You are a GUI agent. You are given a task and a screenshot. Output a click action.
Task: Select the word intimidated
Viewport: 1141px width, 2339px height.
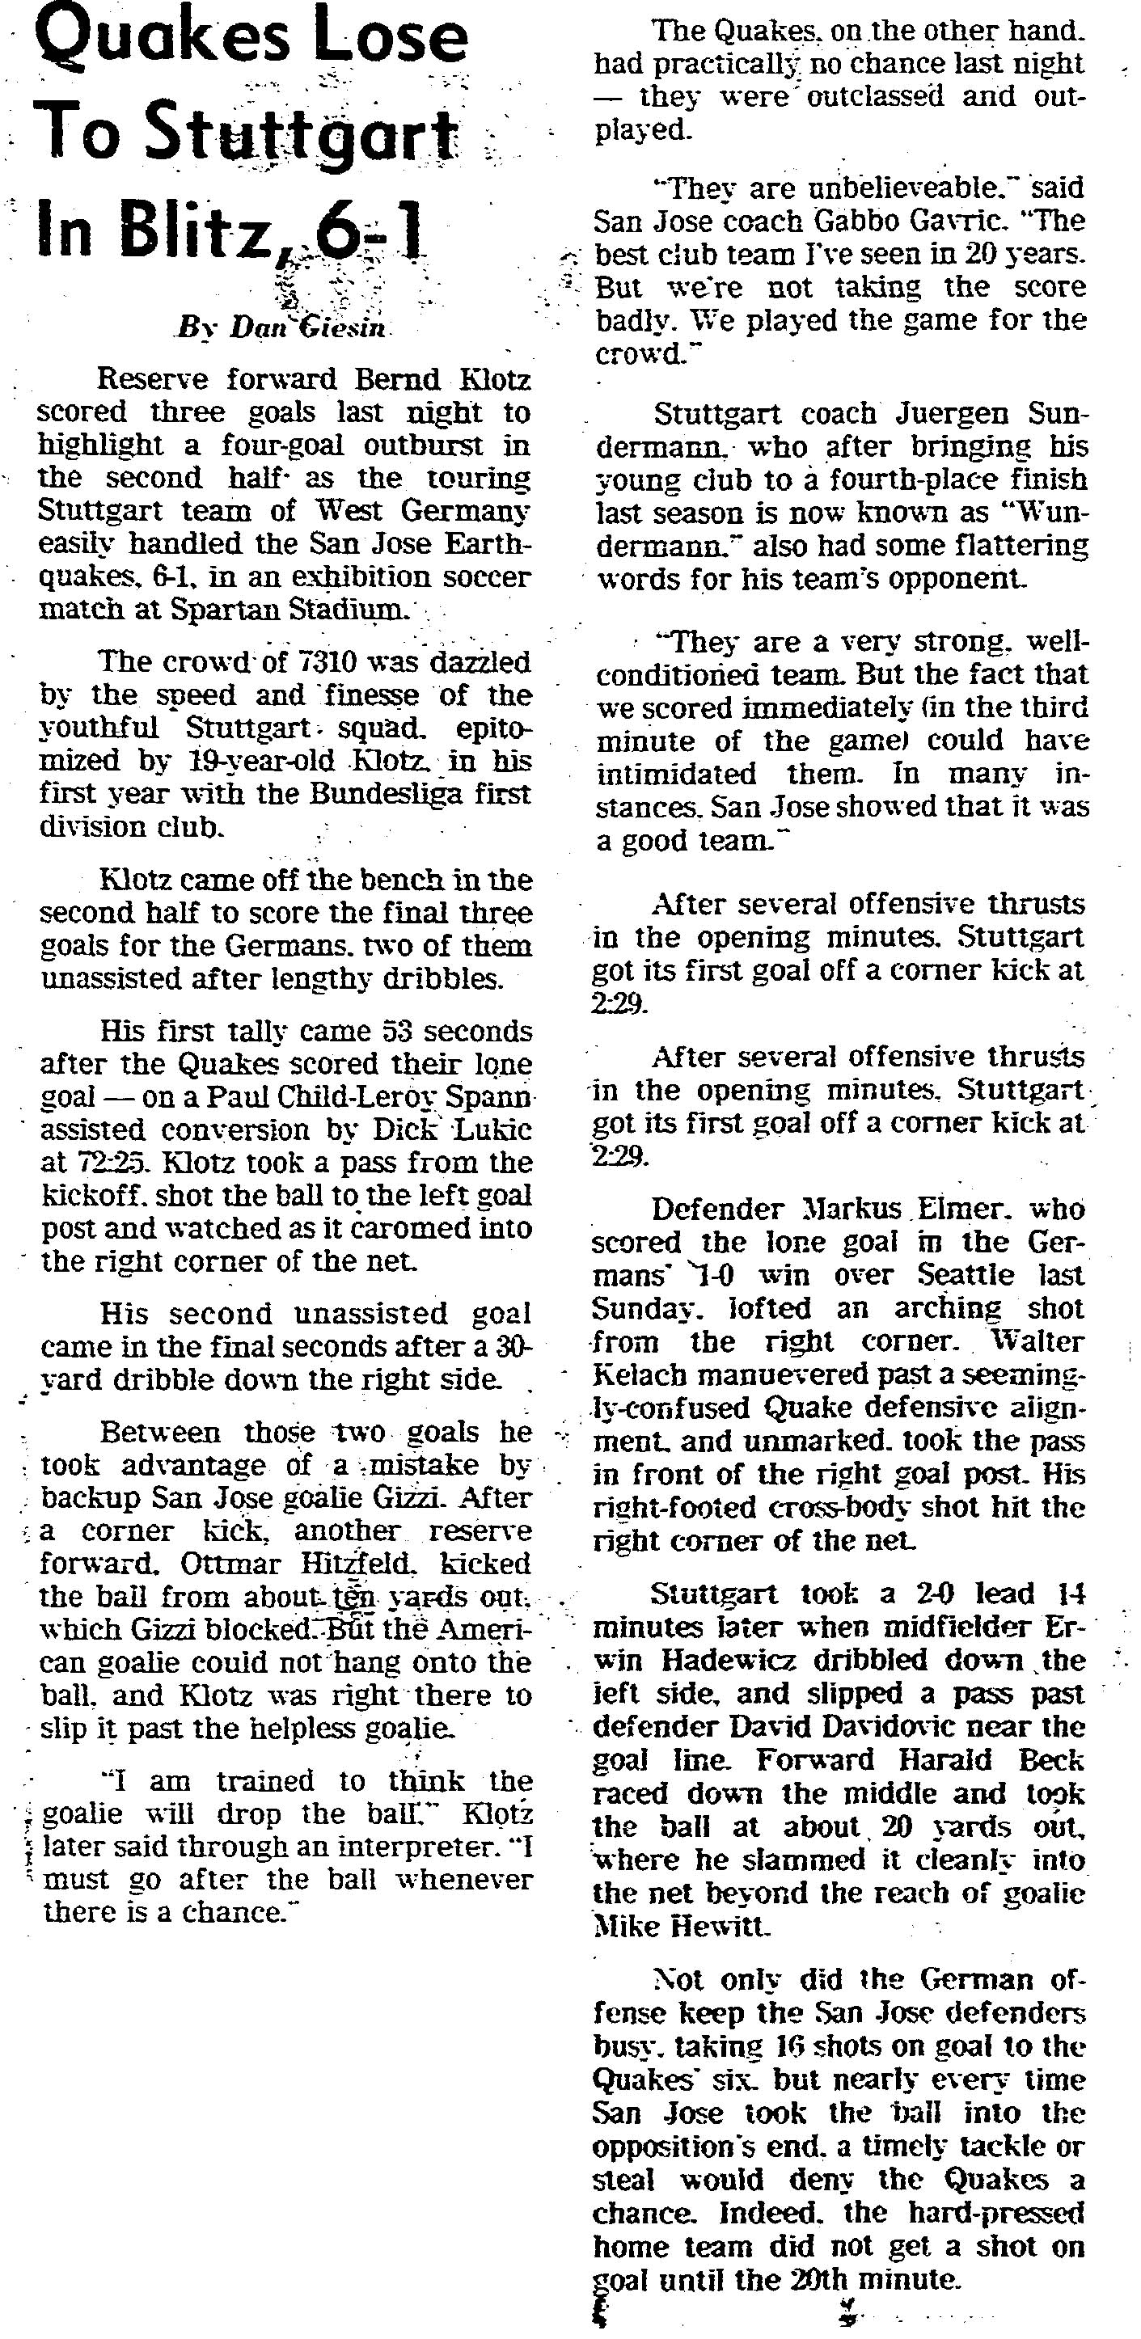[x=676, y=774]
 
